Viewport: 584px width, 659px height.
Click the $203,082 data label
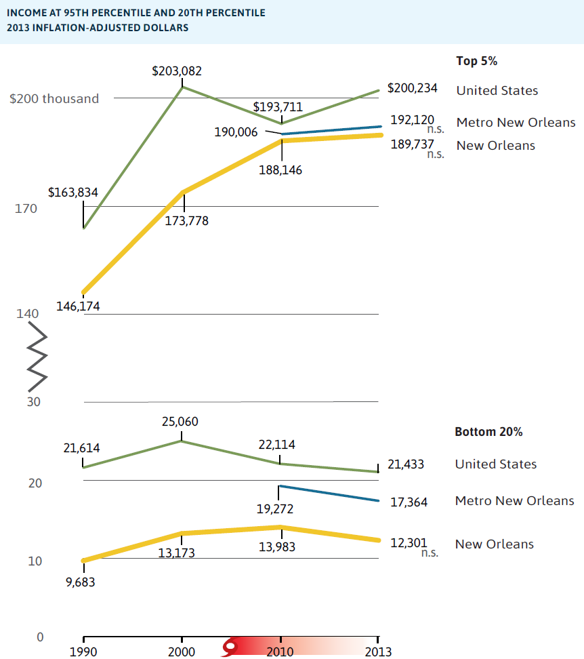point(177,71)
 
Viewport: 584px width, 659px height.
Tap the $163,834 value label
point(73,193)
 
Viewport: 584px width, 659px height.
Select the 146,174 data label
point(83,306)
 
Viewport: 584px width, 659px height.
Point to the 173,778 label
point(187,220)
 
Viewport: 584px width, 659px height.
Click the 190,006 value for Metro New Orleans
point(236,132)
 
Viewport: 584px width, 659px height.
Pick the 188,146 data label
point(280,170)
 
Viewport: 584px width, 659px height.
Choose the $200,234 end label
point(412,88)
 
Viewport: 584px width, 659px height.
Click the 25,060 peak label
point(180,422)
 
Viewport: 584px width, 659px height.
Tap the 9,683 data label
point(81,582)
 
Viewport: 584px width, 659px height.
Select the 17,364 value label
point(409,503)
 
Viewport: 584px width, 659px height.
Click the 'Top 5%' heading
point(477,61)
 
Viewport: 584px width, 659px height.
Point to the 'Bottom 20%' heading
point(488,432)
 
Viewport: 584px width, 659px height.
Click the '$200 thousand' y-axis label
point(54,99)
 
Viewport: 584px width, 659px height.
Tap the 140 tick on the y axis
point(25,314)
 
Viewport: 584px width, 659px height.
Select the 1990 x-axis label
point(83,652)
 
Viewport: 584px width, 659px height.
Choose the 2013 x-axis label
point(377,652)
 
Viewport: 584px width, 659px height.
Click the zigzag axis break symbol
point(37,362)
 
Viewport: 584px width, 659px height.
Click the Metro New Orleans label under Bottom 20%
point(514,501)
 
